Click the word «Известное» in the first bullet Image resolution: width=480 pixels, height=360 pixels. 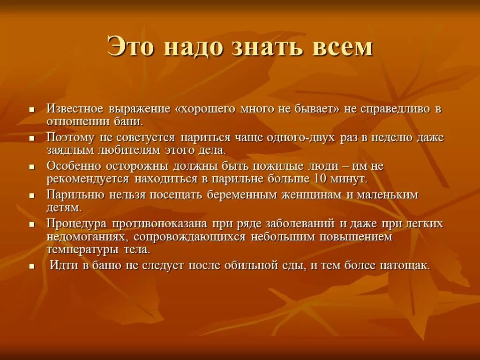[75, 109]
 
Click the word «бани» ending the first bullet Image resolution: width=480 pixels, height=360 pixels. [128, 121]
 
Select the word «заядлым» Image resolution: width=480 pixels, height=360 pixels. [69, 150]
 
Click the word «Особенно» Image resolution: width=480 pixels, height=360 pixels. [73, 166]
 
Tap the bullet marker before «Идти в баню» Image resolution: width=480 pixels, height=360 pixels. [32, 266]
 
